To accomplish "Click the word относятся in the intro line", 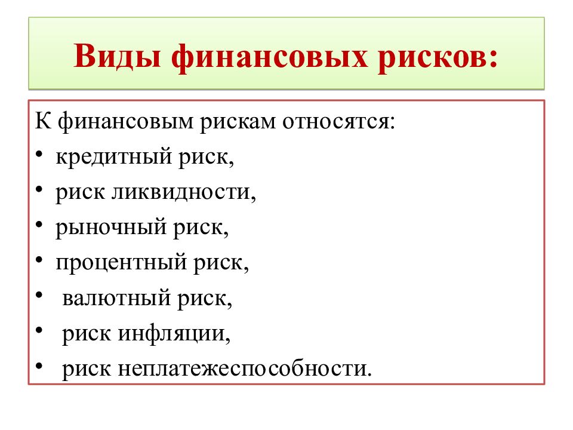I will [x=337, y=122].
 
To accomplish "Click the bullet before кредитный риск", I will [x=39, y=156].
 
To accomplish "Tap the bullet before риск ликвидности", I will [x=39, y=191].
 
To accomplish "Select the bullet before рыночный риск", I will [x=39, y=226].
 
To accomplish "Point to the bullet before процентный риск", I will [x=39, y=262].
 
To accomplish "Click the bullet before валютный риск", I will [x=39, y=296].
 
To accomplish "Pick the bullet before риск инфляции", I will [x=39, y=331].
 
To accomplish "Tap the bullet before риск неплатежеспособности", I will [x=39, y=366].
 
